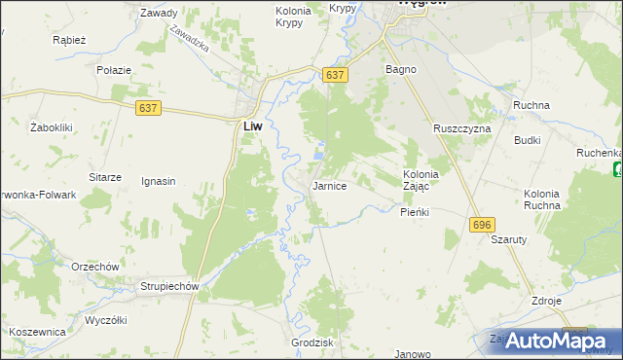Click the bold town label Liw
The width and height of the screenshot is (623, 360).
(x=251, y=126)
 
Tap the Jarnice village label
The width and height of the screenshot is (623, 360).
(x=329, y=185)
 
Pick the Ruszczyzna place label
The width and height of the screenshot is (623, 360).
(x=462, y=128)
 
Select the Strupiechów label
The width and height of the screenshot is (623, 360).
(x=169, y=287)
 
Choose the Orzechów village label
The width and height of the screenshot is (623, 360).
(x=94, y=267)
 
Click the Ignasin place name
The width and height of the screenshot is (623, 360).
(x=158, y=181)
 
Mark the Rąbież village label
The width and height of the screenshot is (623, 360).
(x=70, y=41)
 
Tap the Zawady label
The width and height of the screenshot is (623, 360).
(x=159, y=14)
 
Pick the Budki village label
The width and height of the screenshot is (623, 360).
(x=528, y=140)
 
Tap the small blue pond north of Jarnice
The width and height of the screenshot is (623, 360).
(x=320, y=153)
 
